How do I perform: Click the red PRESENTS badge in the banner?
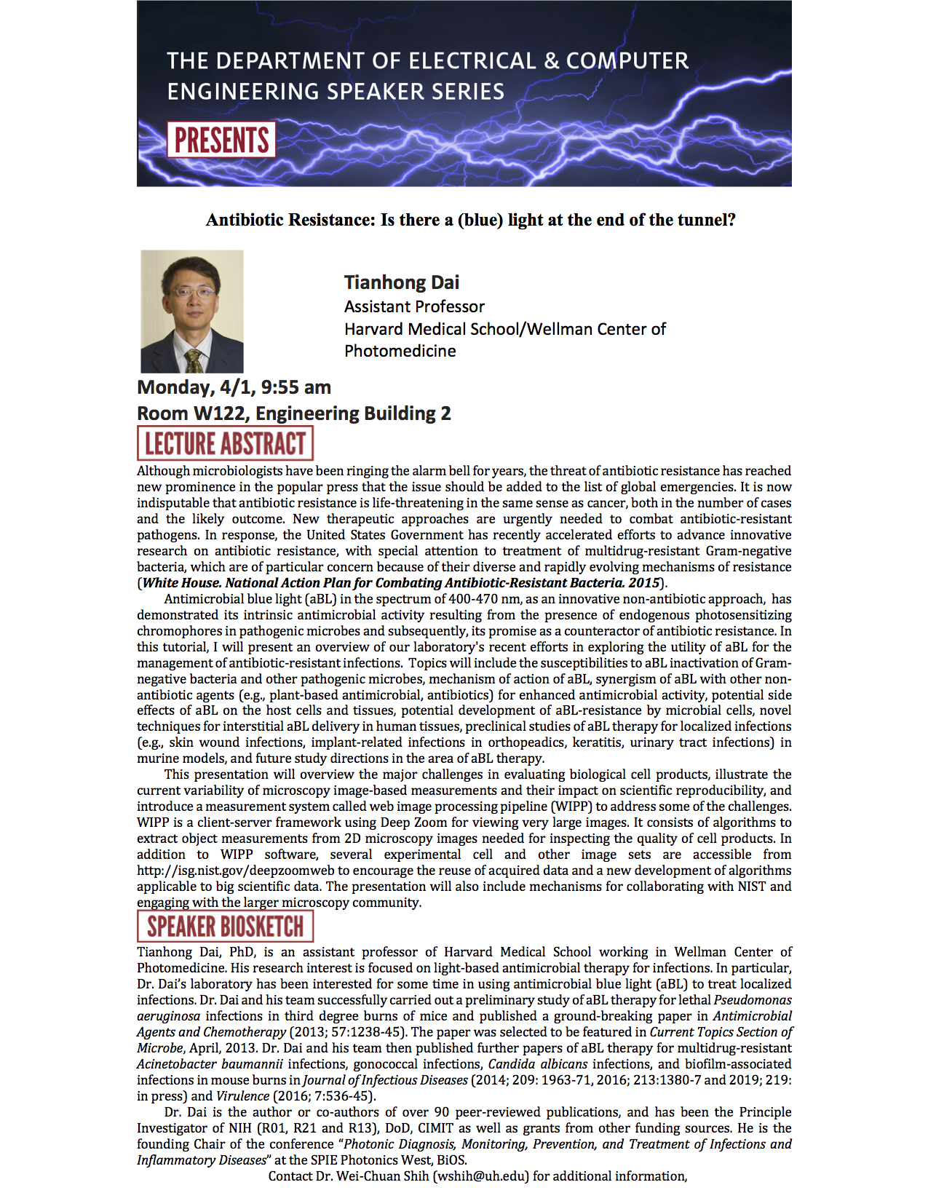pos(221,140)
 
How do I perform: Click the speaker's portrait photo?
pos(192,312)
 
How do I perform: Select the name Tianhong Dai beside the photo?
pos(402,282)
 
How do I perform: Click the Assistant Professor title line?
pos(414,306)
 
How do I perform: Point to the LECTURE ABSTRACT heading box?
pos(225,443)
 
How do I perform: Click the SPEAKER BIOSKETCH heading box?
pos(225,927)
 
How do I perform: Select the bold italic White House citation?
pos(401,583)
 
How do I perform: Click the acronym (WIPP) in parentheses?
pos(571,806)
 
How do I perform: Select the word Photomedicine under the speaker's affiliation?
pos(400,351)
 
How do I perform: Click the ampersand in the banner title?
pos(552,60)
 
